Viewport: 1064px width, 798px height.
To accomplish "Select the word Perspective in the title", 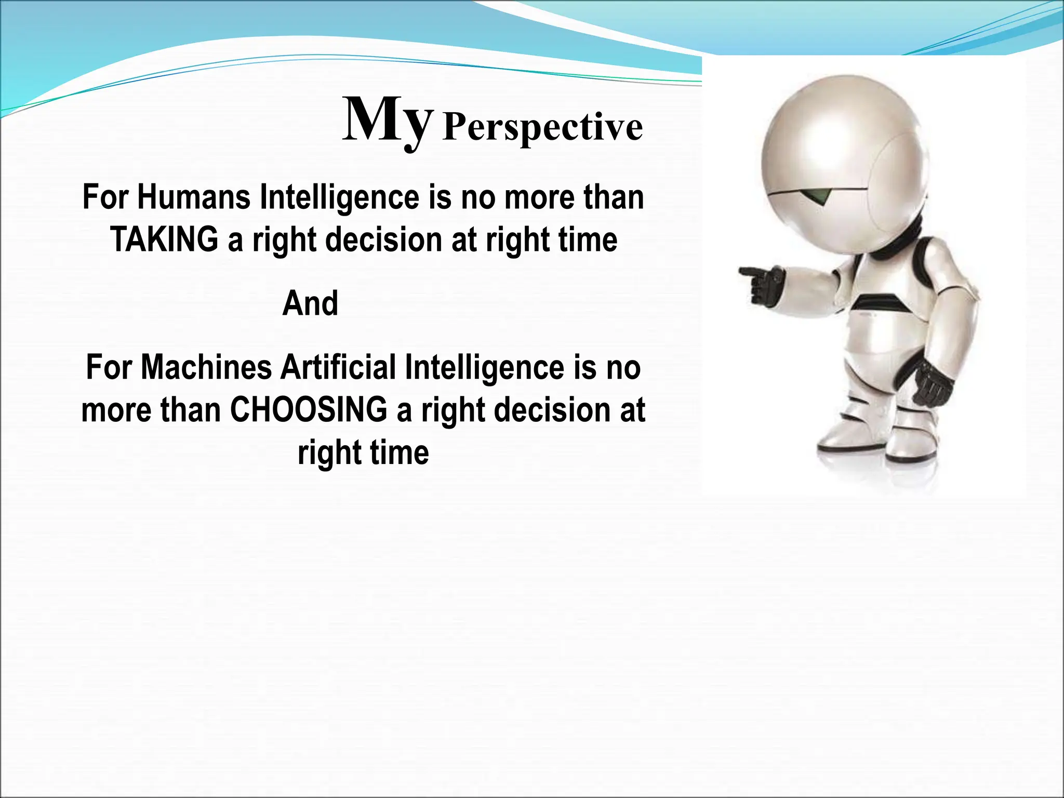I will pos(542,127).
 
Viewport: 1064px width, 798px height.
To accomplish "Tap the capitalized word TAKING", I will pos(164,240).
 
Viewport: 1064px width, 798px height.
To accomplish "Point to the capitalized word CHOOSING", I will pos(309,410).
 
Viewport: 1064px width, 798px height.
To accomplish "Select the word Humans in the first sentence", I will pos(194,197).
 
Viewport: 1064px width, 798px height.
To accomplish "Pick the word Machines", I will pos(206,367).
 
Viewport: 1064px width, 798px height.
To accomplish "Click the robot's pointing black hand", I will pos(761,283).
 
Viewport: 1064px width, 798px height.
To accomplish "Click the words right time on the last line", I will pos(363,453).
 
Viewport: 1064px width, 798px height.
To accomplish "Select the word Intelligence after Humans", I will pos(339,197).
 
